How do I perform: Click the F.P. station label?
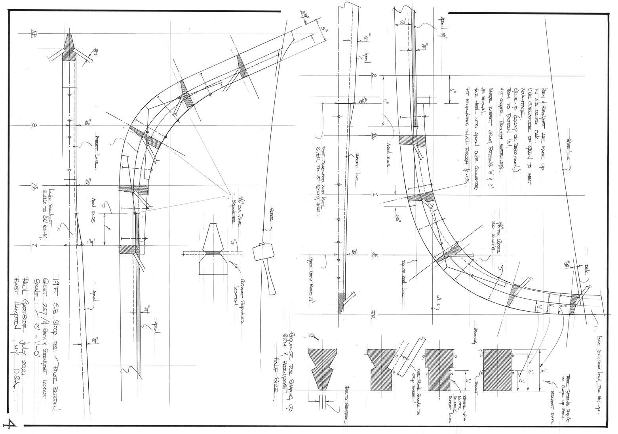point(373,315)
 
